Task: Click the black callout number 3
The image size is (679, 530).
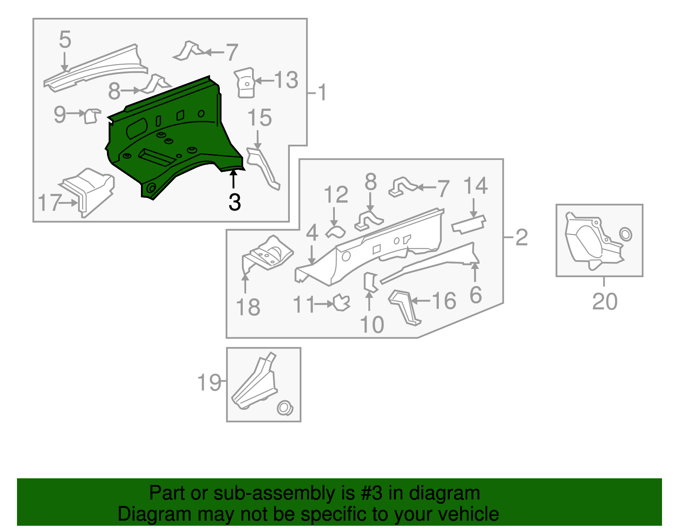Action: [234, 202]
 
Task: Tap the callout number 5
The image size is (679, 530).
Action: [65, 39]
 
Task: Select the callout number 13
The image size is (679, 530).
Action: [286, 80]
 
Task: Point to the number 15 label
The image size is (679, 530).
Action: [259, 118]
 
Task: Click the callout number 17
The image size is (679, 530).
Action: [49, 203]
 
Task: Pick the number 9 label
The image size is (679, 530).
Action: [60, 114]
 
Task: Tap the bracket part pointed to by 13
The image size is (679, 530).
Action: [245, 83]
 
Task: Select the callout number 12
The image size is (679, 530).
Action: [336, 195]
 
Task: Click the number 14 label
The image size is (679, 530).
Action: [475, 186]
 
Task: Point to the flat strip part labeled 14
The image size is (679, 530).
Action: [469, 224]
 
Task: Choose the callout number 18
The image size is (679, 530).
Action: [248, 307]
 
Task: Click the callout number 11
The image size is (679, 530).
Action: [304, 305]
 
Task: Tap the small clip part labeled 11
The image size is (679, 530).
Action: [342, 303]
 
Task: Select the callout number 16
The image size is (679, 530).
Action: [444, 301]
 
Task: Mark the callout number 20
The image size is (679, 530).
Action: [604, 302]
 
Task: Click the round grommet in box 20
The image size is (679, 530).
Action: [626, 234]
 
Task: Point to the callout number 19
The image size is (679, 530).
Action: [209, 383]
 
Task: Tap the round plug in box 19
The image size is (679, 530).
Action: [284, 408]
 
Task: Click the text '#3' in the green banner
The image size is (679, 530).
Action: [371, 493]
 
